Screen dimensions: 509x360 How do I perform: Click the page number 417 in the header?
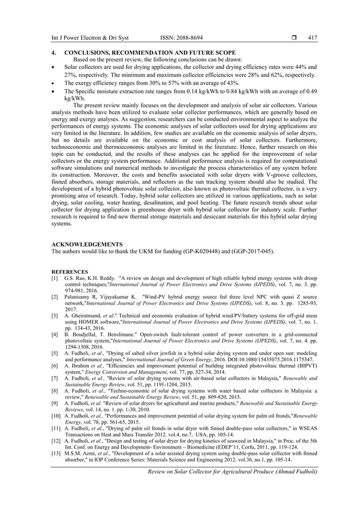312,38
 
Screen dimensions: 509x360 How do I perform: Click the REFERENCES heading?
69,271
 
